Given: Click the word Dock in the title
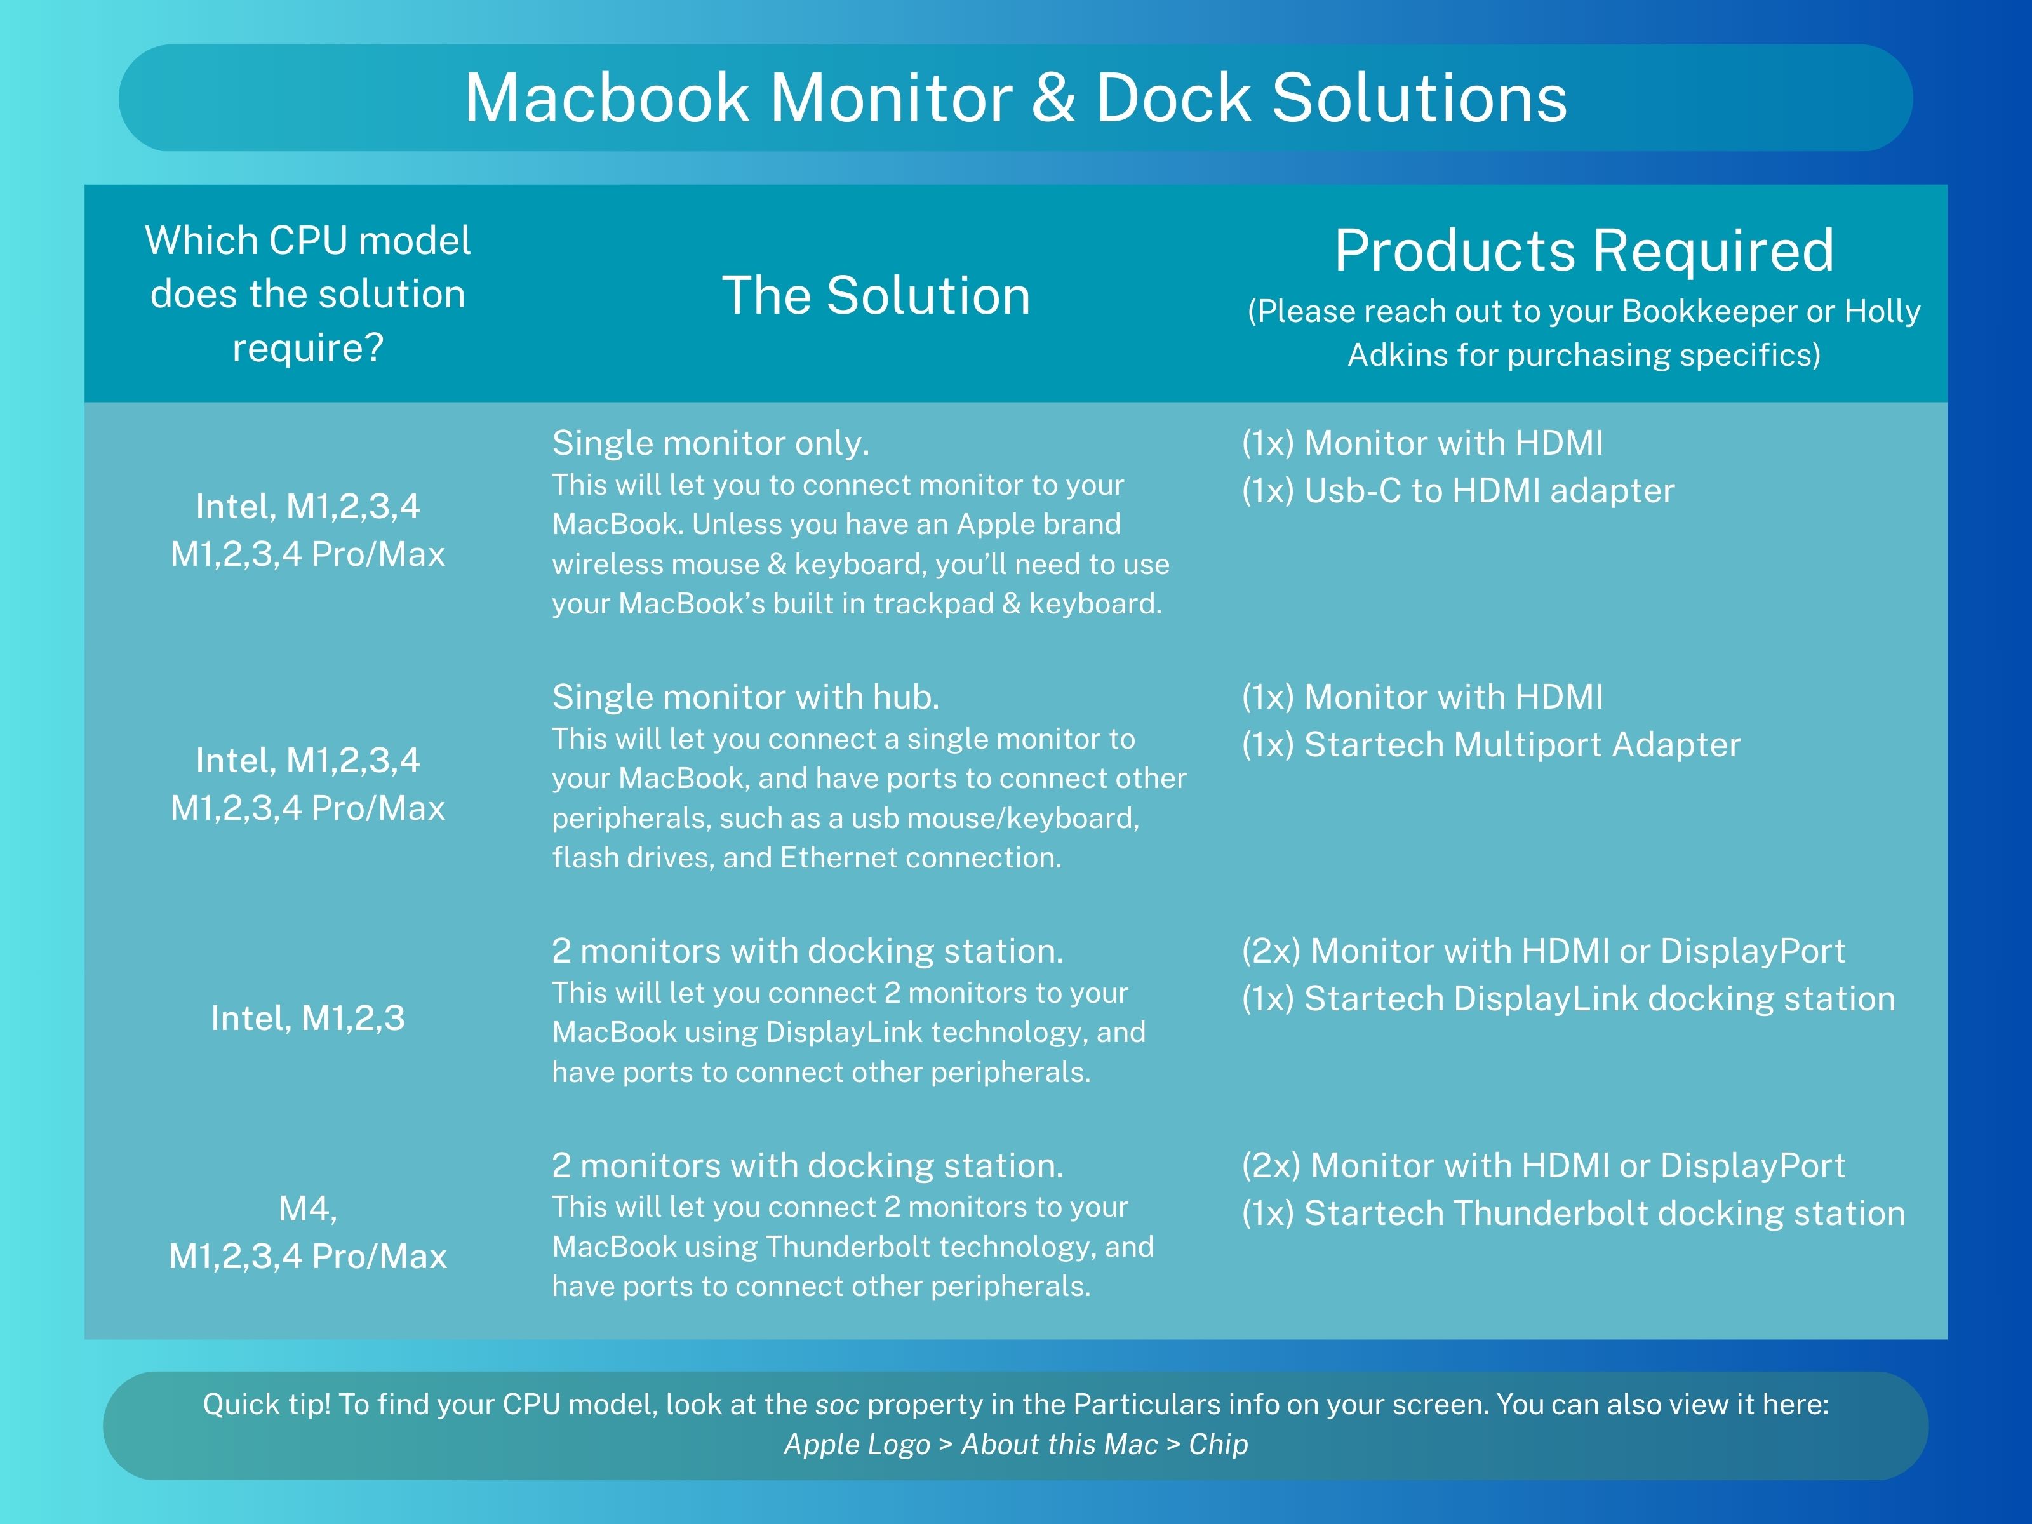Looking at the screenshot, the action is pos(1173,98).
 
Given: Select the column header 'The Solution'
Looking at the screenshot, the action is pos(876,296).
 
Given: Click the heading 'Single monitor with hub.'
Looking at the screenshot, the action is pos(746,698).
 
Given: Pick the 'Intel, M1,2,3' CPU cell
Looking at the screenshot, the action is pos(308,1018).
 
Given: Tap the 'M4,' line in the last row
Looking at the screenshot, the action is pos(308,1209).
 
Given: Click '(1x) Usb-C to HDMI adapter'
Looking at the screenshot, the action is pos(1458,491).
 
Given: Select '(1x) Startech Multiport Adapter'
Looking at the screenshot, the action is pos(1491,745).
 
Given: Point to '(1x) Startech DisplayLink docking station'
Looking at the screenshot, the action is pos(1568,999).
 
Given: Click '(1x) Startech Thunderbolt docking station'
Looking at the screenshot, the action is pos(1574,1213).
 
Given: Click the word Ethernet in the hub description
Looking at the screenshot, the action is pos(835,858).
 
